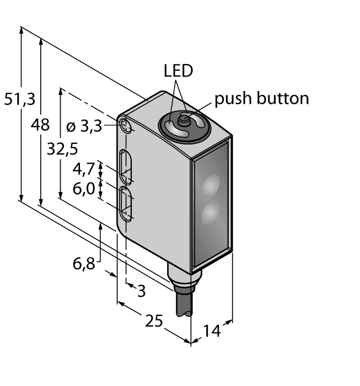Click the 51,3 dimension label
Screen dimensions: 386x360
coord(19,100)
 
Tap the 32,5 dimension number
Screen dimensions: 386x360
coord(62,149)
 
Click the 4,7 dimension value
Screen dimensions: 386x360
coord(83,167)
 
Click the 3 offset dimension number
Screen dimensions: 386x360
coord(141,291)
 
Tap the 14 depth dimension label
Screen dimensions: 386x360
coord(210,331)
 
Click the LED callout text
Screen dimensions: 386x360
coord(178,71)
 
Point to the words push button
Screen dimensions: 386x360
coord(261,99)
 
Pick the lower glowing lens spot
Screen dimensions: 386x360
coord(209,212)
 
